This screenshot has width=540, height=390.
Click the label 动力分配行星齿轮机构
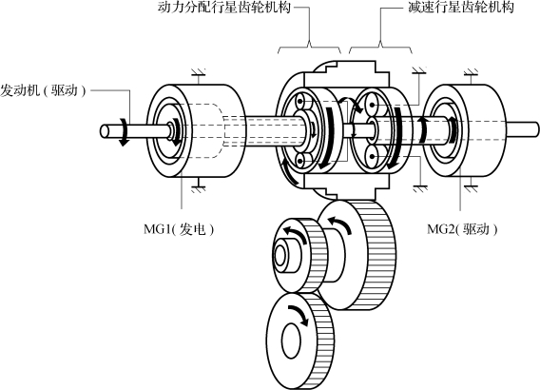tap(224, 7)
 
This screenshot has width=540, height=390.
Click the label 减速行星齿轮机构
tap(461, 7)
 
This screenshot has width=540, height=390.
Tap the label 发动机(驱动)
tap(43, 90)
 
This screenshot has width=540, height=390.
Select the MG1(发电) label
tap(179, 228)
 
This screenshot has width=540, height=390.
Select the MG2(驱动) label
tap(462, 228)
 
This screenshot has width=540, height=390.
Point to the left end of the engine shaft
tap(105, 131)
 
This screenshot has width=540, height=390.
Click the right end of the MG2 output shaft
tap(536, 128)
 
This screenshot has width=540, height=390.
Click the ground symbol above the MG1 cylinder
tap(198, 72)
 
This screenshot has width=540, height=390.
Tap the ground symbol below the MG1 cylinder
tap(198, 188)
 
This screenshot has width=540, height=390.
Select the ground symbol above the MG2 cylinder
tap(471, 72)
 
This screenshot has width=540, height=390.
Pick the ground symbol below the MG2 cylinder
tap(471, 188)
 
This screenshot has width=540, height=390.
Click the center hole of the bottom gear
tap(291, 341)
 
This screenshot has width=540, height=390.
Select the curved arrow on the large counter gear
tap(341, 224)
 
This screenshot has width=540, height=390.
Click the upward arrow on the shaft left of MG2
tap(423, 130)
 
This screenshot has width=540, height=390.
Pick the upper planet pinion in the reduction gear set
tap(373, 104)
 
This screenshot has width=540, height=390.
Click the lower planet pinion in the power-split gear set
tap(301, 161)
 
